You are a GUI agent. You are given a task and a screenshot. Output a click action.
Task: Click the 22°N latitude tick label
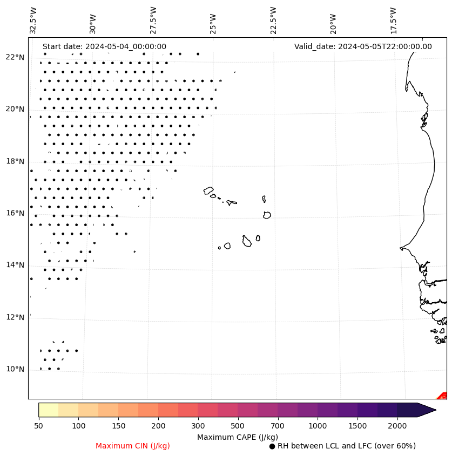(x=15, y=57)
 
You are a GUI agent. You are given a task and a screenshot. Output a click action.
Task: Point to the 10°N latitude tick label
(x=15, y=369)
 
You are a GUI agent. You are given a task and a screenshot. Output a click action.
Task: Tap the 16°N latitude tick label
(x=15, y=213)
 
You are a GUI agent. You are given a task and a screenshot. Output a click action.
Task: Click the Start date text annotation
(x=104, y=46)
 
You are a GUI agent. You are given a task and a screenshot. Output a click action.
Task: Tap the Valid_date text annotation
(x=363, y=46)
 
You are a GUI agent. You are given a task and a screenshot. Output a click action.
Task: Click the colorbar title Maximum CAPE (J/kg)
(x=238, y=437)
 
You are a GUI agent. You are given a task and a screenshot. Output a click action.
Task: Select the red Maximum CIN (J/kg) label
(x=133, y=446)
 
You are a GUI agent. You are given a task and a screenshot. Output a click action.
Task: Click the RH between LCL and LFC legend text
(x=346, y=446)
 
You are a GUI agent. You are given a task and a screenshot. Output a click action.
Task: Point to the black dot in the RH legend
(x=272, y=446)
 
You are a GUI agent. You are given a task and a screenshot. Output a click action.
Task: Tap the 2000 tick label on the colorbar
(x=397, y=426)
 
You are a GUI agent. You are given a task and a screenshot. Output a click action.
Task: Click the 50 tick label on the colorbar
(x=38, y=426)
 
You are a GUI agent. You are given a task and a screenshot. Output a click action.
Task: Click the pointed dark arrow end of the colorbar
(x=427, y=410)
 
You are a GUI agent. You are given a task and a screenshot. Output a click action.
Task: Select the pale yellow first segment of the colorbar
(x=49, y=410)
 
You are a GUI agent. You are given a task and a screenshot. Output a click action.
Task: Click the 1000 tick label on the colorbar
(x=318, y=426)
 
